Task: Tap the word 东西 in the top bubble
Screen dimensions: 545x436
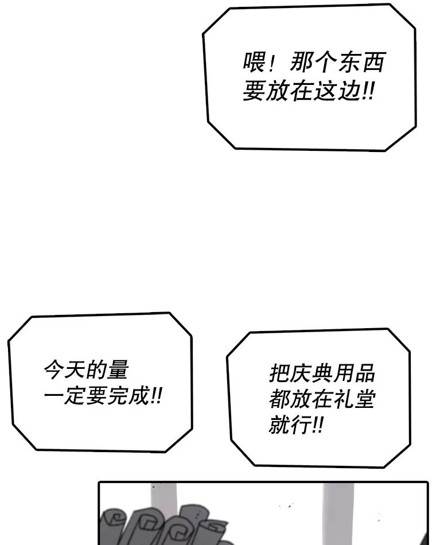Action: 360,62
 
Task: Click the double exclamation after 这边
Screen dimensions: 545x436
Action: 368,91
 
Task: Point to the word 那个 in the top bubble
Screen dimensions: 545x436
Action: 313,62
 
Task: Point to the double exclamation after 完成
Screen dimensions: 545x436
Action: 156,396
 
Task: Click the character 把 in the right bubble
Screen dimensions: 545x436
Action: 280,372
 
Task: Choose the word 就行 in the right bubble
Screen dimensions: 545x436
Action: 292,425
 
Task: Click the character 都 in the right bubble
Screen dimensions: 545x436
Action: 280,399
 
